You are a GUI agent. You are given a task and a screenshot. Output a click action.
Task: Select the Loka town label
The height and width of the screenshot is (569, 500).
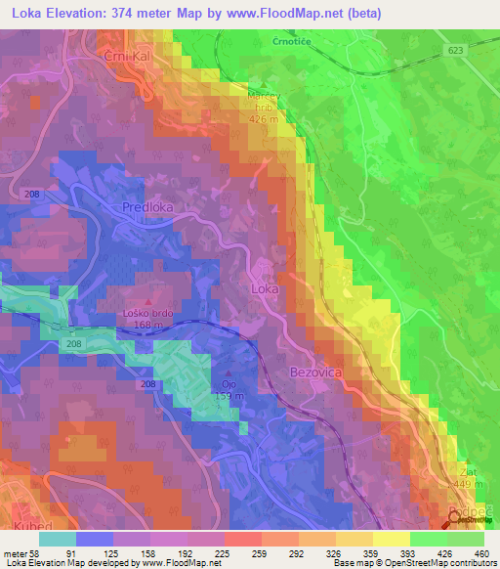coord(266,290)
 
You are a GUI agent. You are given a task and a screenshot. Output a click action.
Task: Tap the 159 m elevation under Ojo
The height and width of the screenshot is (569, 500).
coord(229,396)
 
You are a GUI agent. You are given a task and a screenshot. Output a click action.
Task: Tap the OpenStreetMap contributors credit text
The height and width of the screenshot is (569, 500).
coord(440,564)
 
